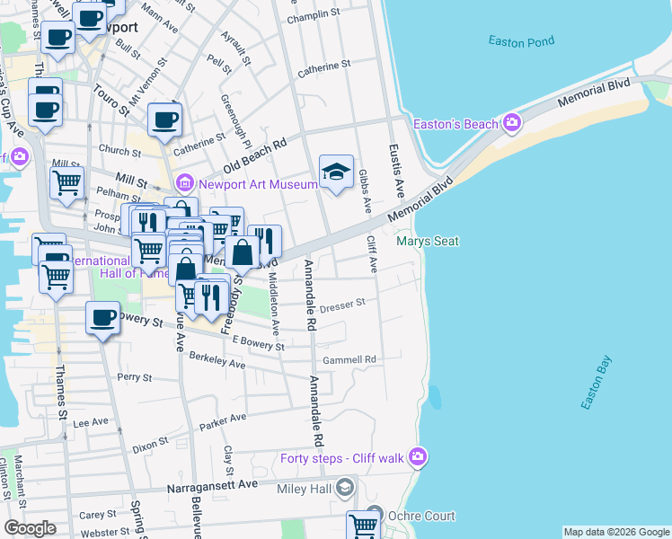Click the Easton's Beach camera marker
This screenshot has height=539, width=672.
[512, 123]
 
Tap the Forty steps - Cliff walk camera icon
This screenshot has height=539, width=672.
[417, 459]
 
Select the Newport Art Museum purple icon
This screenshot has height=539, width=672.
[186, 184]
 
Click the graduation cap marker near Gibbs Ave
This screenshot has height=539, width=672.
[336, 171]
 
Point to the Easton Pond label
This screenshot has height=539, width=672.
[522, 41]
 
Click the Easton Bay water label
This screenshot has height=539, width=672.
[596, 385]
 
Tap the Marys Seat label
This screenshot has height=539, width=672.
[428, 241]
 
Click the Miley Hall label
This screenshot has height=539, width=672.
[304, 488]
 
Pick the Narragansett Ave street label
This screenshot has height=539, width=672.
[213, 484]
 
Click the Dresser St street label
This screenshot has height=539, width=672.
[341, 304]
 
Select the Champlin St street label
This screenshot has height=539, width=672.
[314, 17]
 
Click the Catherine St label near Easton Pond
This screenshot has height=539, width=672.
[324, 66]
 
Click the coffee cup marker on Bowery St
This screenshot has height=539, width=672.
[102, 318]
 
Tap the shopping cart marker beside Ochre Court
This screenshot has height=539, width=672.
[363, 526]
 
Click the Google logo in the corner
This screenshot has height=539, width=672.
[30, 528]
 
